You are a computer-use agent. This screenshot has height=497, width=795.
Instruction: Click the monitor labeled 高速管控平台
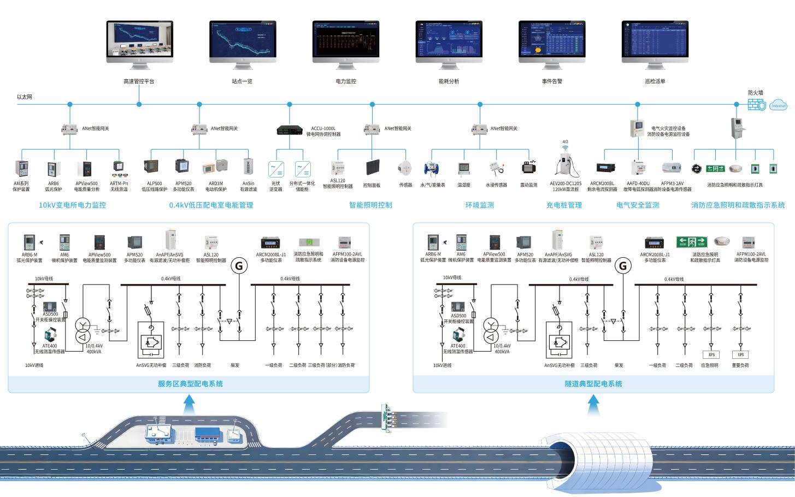139,42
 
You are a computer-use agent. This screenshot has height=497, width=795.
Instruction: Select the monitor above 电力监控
345,42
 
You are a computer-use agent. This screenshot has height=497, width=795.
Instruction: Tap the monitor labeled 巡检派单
655,42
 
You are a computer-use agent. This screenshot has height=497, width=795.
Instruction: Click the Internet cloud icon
779,105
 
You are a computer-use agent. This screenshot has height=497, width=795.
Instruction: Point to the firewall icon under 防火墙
757,105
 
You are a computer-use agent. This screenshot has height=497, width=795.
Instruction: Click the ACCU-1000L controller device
290,130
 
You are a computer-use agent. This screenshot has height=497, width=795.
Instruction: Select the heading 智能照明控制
370,205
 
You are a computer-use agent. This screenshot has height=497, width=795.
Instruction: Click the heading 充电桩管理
564,205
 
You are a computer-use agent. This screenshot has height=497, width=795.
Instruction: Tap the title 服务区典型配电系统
190,384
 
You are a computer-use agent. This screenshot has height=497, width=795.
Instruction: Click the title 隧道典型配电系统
593,384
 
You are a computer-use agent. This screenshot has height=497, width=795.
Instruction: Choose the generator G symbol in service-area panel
238,265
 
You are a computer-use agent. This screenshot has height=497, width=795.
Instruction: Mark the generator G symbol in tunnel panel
622,266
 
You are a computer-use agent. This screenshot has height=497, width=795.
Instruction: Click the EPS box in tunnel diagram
711,354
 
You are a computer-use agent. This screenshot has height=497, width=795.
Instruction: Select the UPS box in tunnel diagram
741,354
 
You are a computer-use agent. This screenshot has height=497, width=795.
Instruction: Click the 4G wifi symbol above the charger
566,147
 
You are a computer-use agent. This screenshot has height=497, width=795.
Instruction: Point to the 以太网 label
25,97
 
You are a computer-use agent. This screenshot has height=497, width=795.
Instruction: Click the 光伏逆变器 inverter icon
276,168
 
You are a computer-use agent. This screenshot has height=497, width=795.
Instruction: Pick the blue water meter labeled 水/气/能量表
432,168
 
